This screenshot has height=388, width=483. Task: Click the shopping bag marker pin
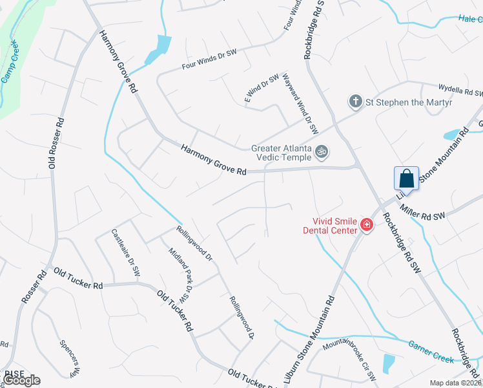(407, 178)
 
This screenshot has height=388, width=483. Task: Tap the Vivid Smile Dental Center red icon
(367, 224)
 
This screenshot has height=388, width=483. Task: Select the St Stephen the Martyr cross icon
(355, 102)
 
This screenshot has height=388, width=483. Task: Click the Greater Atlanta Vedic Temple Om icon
(322, 152)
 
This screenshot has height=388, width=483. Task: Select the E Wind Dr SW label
(262, 88)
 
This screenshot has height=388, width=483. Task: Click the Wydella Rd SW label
(460, 90)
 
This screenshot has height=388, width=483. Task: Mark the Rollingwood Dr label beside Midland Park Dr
(194, 242)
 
